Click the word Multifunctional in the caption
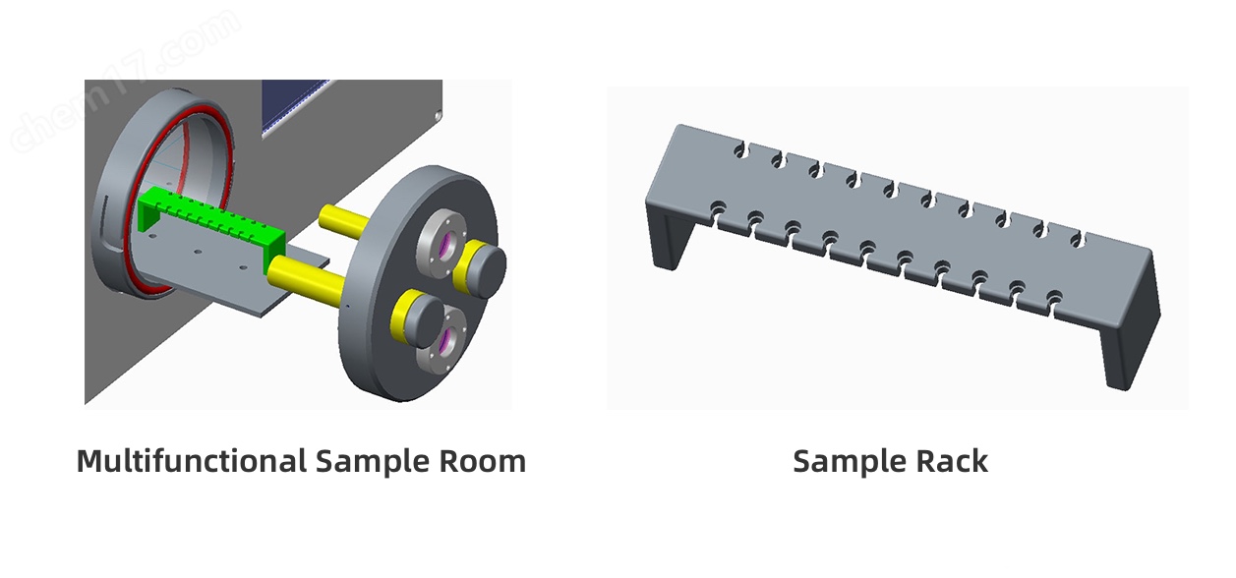192,461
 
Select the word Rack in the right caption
952,461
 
